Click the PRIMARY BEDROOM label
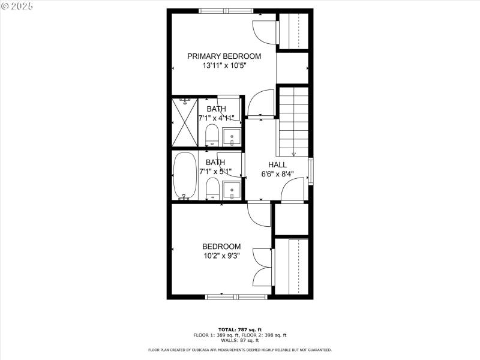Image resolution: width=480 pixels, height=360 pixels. click(224, 56)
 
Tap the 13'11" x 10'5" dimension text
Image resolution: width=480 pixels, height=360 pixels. click(224, 65)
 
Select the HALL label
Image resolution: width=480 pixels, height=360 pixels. click(277, 164)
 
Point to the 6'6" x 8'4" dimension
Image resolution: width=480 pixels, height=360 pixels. click(277, 174)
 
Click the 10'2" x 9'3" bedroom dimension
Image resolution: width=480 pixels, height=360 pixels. click(221, 256)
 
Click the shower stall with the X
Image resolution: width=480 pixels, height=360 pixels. click(184, 122)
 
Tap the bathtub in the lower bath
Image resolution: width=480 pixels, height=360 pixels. click(184, 175)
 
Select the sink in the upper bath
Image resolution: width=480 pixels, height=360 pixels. click(231, 137)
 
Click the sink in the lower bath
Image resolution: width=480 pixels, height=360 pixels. click(231, 191)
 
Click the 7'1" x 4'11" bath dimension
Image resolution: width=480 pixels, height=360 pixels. click(216, 118)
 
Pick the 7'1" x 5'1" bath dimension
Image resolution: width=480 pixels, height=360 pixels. click(216, 171)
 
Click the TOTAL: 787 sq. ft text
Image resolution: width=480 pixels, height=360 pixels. click(239, 329)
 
